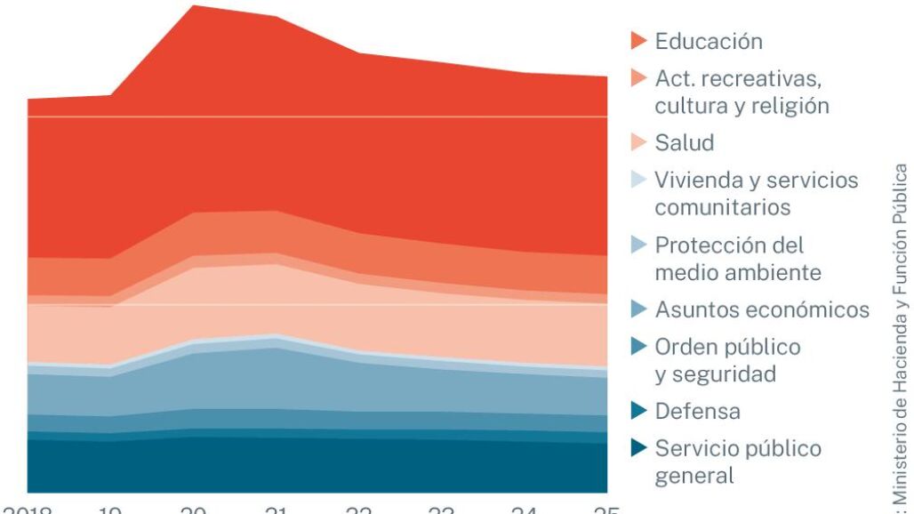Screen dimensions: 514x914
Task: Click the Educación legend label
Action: (709, 42)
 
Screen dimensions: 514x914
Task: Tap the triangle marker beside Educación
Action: (638, 41)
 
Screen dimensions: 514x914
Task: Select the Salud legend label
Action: (685, 143)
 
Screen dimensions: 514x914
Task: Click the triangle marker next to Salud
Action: (638, 143)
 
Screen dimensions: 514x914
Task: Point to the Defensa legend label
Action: (697, 412)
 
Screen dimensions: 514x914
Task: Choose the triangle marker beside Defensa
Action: (638, 411)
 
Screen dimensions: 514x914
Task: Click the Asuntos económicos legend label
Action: (762, 310)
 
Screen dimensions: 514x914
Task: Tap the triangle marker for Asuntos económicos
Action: (638, 309)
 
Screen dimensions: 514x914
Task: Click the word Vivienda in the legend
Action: (695, 181)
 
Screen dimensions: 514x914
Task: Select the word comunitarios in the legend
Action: (723, 208)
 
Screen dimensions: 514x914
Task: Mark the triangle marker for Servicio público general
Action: (638, 448)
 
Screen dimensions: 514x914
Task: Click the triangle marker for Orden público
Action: (638, 347)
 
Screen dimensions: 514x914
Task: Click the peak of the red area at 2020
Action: (194, 7)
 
